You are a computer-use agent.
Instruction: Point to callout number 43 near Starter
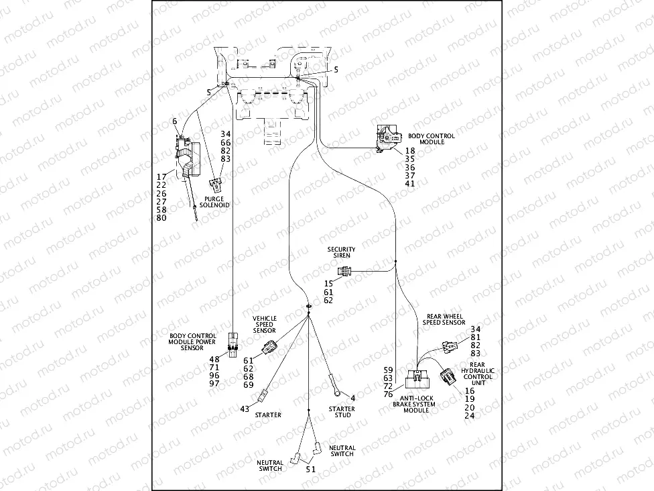click(x=245, y=408)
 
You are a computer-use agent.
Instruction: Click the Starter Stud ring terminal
click(x=334, y=386)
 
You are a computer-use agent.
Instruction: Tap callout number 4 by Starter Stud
click(x=353, y=398)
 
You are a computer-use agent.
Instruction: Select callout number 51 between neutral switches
click(x=310, y=469)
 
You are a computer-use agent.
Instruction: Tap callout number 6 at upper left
click(x=174, y=121)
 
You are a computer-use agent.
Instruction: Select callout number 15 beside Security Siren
click(x=328, y=283)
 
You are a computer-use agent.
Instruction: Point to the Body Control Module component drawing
click(x=386, y=139)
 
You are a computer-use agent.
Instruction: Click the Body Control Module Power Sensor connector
click(x=232, y=343)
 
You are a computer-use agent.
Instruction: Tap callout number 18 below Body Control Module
click(x=410, y=152)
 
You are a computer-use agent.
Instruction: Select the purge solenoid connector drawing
click(x=217, y=184)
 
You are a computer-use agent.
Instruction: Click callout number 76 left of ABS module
click(x=388, y=395)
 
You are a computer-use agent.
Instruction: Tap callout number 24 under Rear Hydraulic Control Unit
click(x=469, y=416)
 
